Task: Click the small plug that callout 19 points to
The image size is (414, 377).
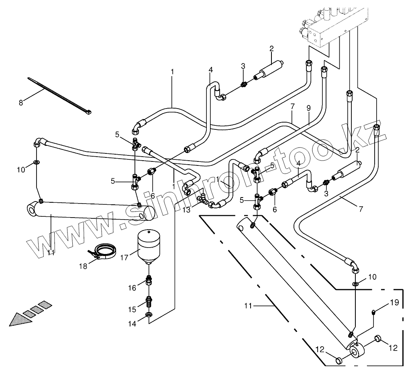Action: [x=374, y=312]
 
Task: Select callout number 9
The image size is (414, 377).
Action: [x=308, y=108]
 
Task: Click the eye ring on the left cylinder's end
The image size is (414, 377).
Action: [x=32, y=209]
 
